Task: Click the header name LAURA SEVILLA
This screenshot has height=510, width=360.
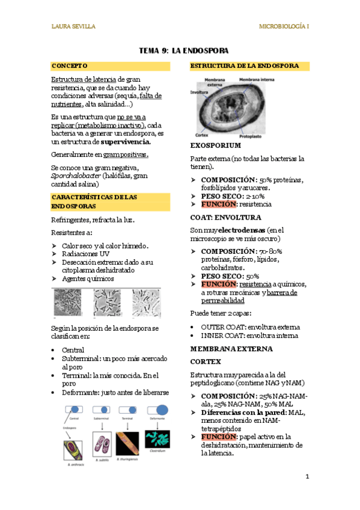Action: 73,26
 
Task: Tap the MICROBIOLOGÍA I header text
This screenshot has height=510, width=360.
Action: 284,26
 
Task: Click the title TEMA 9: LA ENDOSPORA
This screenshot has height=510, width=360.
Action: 180,51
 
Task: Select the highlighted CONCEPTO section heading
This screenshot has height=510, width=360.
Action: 70,66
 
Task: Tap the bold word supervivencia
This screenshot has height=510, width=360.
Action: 126,142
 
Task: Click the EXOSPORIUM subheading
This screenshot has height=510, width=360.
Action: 215,146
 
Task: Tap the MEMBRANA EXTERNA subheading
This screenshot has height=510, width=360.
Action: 223,348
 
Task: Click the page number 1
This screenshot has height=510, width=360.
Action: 307,477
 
